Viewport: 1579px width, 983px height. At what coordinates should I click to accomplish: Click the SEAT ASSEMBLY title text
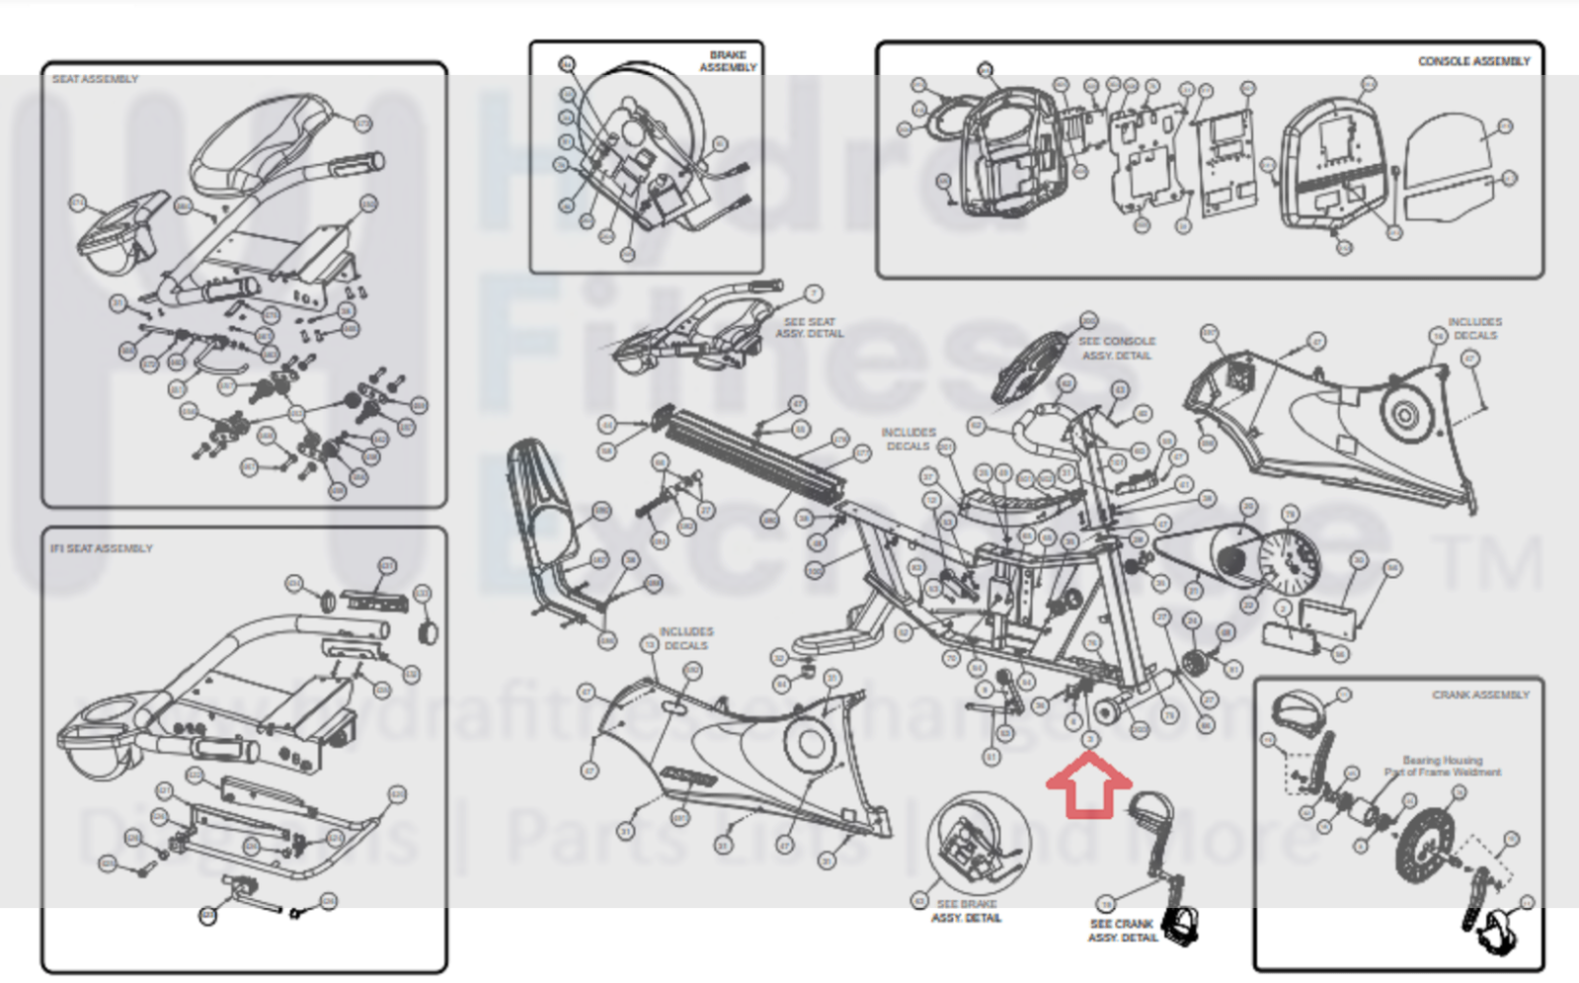[95, 79]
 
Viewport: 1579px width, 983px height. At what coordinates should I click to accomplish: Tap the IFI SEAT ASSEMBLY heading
[102, 548]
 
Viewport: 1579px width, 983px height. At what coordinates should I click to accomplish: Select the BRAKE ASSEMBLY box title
[729, 61]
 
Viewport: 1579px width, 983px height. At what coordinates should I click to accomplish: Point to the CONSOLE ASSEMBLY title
[1473, 61]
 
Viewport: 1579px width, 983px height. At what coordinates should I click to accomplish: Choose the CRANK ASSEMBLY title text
[1480, 696]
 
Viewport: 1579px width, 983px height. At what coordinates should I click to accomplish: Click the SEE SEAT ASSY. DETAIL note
[809, 328]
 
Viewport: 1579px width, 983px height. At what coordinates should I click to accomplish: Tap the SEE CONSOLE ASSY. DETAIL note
[1116, 348]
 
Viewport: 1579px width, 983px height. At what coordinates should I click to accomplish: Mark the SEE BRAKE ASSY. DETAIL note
[966, 911]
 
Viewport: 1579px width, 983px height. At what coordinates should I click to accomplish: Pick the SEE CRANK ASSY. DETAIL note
[1122, 931]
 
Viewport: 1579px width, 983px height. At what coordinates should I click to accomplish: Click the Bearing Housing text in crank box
[1442, 761]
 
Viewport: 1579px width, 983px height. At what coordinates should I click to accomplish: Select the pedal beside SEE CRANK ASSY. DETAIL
[1179, 925]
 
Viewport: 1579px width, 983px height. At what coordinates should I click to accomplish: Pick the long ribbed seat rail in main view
[755, 450]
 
